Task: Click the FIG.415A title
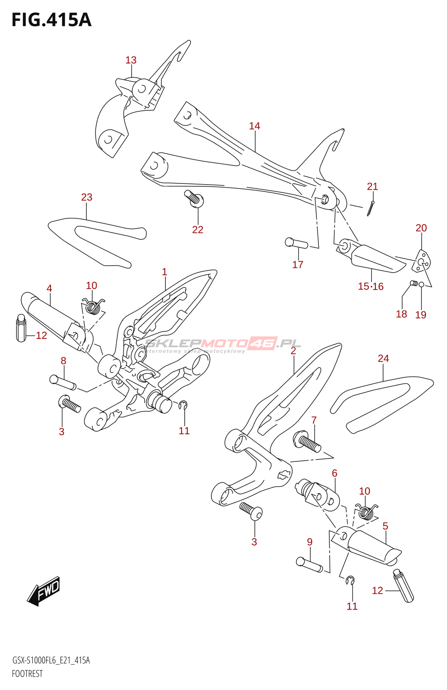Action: click(51, 20)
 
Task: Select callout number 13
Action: click(131, 60)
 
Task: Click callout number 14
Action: click(255, 126)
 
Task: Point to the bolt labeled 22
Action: click(195, 198)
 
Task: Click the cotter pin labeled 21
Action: click(371, 208)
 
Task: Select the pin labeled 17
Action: click(296, 243)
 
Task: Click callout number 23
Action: click(87, 198)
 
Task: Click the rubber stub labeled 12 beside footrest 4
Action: click(21, 328)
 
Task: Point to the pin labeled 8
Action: click(63, 383)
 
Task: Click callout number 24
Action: click(383, 359)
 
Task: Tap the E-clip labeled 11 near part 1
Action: click(184, 405)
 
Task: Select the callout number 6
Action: click(334, 474)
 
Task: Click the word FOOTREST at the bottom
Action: click(27, 674)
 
